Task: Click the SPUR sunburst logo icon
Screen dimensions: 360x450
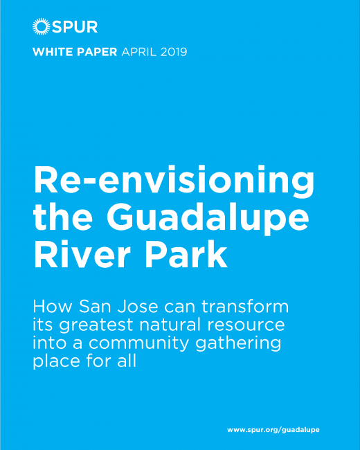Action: [42, 26]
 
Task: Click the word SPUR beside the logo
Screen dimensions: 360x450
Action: [75, 27]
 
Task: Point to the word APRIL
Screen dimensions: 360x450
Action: [139, 52]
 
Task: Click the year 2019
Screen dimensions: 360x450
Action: [174, 52]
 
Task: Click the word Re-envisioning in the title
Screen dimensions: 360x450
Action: [174, 181]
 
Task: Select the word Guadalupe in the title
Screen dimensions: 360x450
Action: [208, 218]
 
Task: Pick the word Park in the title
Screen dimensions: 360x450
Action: [187, 253]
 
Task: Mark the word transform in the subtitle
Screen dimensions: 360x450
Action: [245, 307]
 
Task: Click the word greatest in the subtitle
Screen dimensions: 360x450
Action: [96, 326]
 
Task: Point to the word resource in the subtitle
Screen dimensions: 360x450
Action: [246, 325]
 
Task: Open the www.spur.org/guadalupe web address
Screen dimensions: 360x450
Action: [273, 430]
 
